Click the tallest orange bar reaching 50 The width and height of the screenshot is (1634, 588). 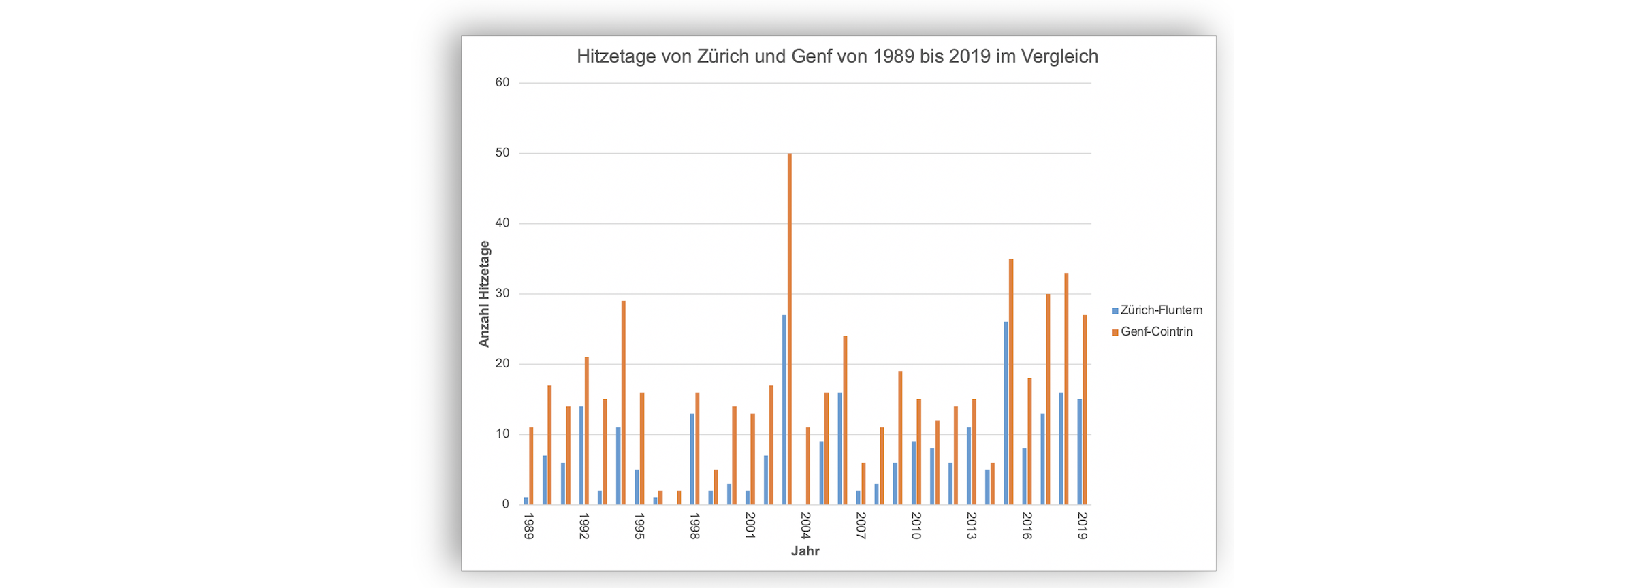pyautogui.click(x=790, y=327)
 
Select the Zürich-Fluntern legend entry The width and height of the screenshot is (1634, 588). pyautogui.click(x=1160, y=310)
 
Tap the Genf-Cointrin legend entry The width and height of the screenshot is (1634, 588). pyautogui.click(x=1155, y=331)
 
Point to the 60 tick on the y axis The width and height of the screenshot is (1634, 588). pyautogui.click(x=502, y=82)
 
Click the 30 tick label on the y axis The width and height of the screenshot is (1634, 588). pyautogui.click(x=502, y=293)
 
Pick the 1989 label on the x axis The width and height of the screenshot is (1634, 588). pyautogui.click(x=528, y=527)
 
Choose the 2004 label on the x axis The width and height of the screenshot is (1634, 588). pyautogui.click(x=805, y=527)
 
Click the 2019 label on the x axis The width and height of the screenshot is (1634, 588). pyautogui.click(x=1083, y=527)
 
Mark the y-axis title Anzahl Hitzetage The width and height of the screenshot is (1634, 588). pyautogui.click(x=484, y=294)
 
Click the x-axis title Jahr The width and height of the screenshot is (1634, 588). pyautogui.click(x=805, y=551)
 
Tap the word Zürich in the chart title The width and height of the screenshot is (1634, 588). pyautogui.click(x=723, y=56)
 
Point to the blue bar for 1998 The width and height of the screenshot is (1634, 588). pyautogui.click(x=692, y=459)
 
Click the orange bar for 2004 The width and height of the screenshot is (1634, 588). pyautogui.click(x=808, y=466)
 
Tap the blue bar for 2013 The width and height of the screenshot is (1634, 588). pyautogui.click(x=969, y=466)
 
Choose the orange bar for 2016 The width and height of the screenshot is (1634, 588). pyautogui.click(x=1029, y=442)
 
